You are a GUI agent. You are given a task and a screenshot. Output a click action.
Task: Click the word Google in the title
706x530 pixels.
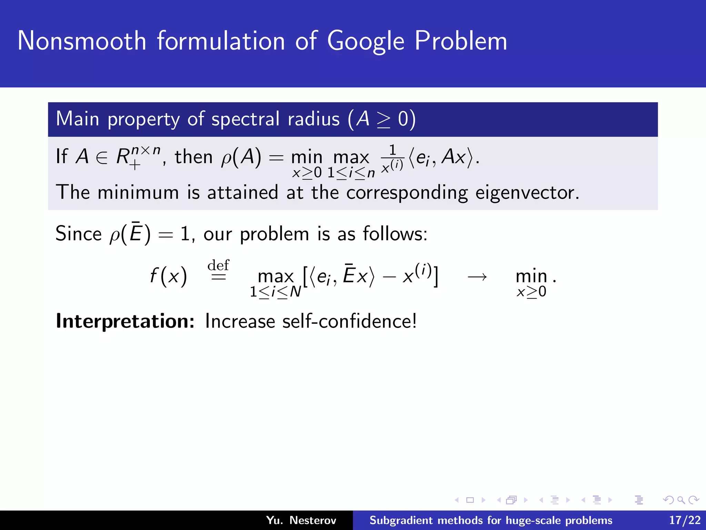(x=365, y=41)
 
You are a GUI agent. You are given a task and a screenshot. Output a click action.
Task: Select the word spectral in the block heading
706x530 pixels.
(x=245, y=119)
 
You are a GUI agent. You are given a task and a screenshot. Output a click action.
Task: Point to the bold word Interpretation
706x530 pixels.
(x=125, y=321)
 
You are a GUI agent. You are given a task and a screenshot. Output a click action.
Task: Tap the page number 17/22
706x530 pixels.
(x=685, y=520)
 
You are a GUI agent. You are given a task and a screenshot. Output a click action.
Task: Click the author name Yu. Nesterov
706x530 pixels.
(x=301, y=520)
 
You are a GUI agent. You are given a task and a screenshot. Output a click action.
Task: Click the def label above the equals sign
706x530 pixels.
(x=218, y=265)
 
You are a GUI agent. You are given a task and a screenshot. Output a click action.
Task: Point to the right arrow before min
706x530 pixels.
(x=477, y=277)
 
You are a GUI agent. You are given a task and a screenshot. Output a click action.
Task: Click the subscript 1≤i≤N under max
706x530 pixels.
(x=275, y=292)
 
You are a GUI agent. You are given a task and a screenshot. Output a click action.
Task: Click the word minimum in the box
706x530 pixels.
(x=138, y=193)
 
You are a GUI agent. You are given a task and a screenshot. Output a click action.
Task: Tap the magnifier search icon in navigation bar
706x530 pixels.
(x=681, y=500)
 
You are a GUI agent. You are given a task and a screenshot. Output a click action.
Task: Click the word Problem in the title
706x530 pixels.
(x=461, y=41)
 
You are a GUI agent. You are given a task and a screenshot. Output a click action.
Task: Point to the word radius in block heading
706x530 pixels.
(x=313, y=119)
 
